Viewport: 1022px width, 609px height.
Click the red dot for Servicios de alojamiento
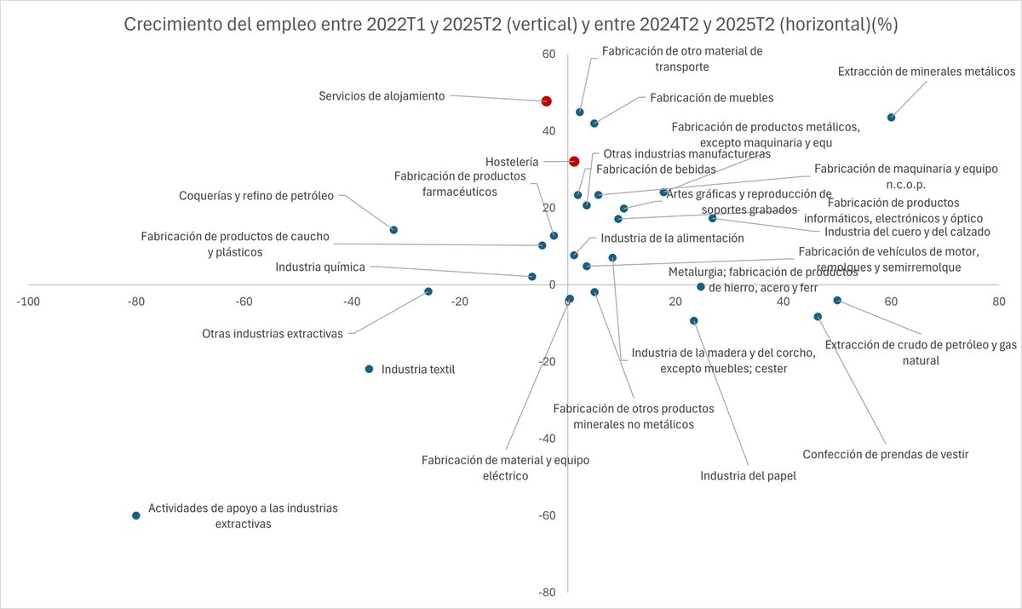(547, 101)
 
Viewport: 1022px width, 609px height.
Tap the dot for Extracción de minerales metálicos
(891, 118)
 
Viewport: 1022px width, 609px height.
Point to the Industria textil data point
(369, 369)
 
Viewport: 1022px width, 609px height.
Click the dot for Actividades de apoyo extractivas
(136, 515)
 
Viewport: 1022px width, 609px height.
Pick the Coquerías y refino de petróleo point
(393, 230)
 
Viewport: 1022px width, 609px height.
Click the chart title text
(511, 25)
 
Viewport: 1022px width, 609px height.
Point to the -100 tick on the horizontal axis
(28, 302)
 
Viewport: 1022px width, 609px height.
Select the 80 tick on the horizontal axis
(998, 302)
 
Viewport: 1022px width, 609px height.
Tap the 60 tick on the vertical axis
(548, 55)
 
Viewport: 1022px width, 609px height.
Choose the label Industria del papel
(748, 476)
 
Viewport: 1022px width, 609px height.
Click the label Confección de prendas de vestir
(885, 454)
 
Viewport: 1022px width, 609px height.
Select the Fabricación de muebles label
(711, 98)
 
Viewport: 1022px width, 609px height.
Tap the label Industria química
(320, 267)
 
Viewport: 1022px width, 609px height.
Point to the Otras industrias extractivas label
(272, 334)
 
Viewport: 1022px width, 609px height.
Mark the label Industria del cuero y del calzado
(907, 232)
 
